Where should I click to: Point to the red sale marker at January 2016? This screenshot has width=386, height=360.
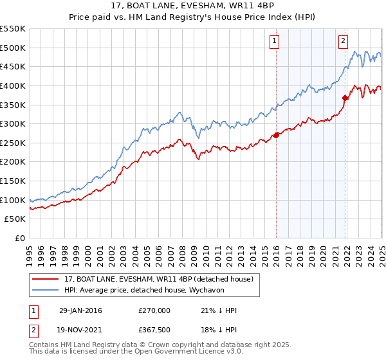coord(276,135)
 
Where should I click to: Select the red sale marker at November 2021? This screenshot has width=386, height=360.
coord(345,98)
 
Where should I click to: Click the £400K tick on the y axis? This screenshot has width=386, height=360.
coord(13,85)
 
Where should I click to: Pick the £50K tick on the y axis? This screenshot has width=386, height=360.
coord(15,219)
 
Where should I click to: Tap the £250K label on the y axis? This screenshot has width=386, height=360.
coord(13,143)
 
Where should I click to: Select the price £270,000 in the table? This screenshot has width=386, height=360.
coord(155,310)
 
